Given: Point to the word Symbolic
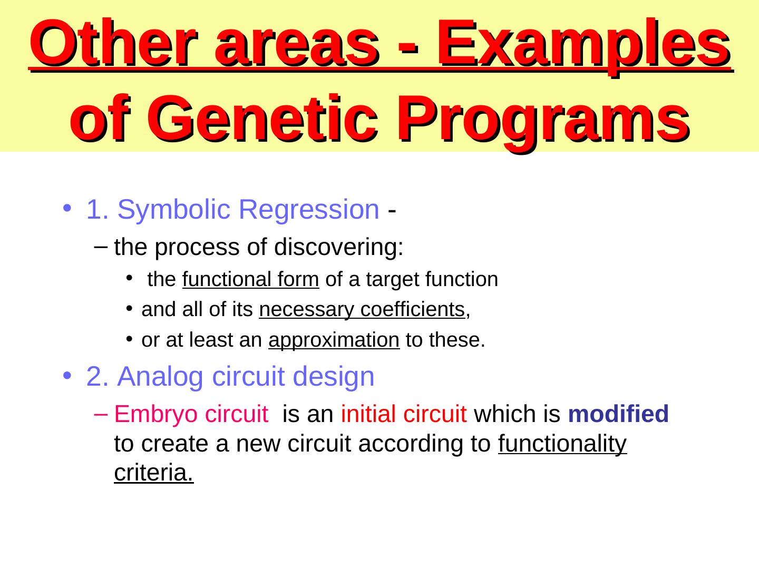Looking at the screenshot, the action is pyautogui.click(x=174, y=210).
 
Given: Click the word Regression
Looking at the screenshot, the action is pyautogui.click(x=309, y=210).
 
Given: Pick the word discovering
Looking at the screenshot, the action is pyautogui.click(x=338, y=248).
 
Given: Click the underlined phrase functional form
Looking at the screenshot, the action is pyautogui.click(x=251, y=279).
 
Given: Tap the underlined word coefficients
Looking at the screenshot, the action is pyautogui.click(x=413, y=309).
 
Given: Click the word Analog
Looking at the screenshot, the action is pyautogui.click(x=160, y=377).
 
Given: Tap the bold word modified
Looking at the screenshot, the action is pyautogui.click(x=618, y=414).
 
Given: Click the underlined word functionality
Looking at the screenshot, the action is pyautogui.click(x=562, y=444).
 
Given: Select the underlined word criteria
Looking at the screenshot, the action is pyautogui.click(x=153, y=473).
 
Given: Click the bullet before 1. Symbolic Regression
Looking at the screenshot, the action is pyautogui.click(x=67, y=208).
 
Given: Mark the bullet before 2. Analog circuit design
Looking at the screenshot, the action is pyautogui.click(x=67, y=375).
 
